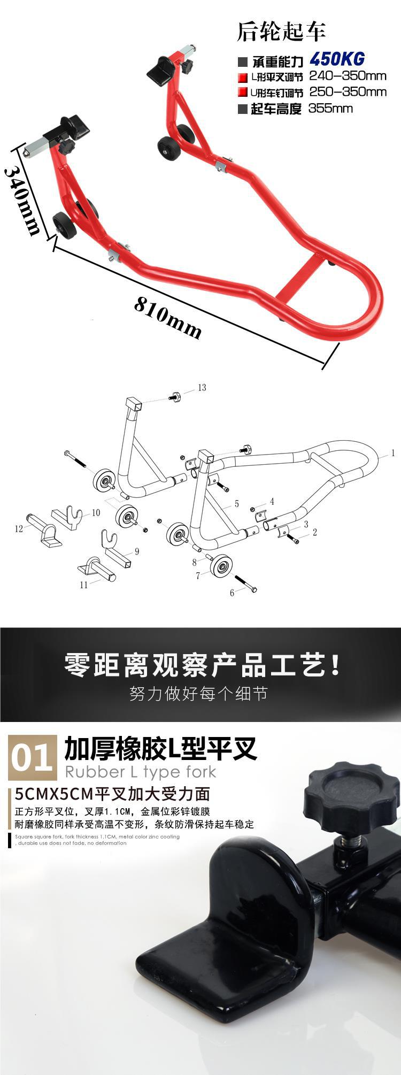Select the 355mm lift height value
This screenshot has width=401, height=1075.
pos(330,108)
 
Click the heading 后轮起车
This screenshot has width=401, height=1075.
pos(281,32)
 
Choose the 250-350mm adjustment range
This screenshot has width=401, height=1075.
pos(348,91)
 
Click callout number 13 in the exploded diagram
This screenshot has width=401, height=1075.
pos(202,387)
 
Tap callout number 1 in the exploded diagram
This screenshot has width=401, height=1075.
pos(393,453)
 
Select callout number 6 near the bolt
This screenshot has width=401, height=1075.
pos(232,593)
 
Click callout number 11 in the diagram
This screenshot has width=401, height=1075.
pos(84,585)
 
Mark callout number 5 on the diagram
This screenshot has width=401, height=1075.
pos(236,504)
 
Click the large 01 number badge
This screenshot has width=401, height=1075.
pos(33,757)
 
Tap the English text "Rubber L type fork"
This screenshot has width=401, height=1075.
pos(140,771)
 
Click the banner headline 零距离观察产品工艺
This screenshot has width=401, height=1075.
pos(202,665)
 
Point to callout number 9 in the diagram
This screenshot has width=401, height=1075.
pos(137,551)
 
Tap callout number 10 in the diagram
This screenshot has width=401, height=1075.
pos(96,512)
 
